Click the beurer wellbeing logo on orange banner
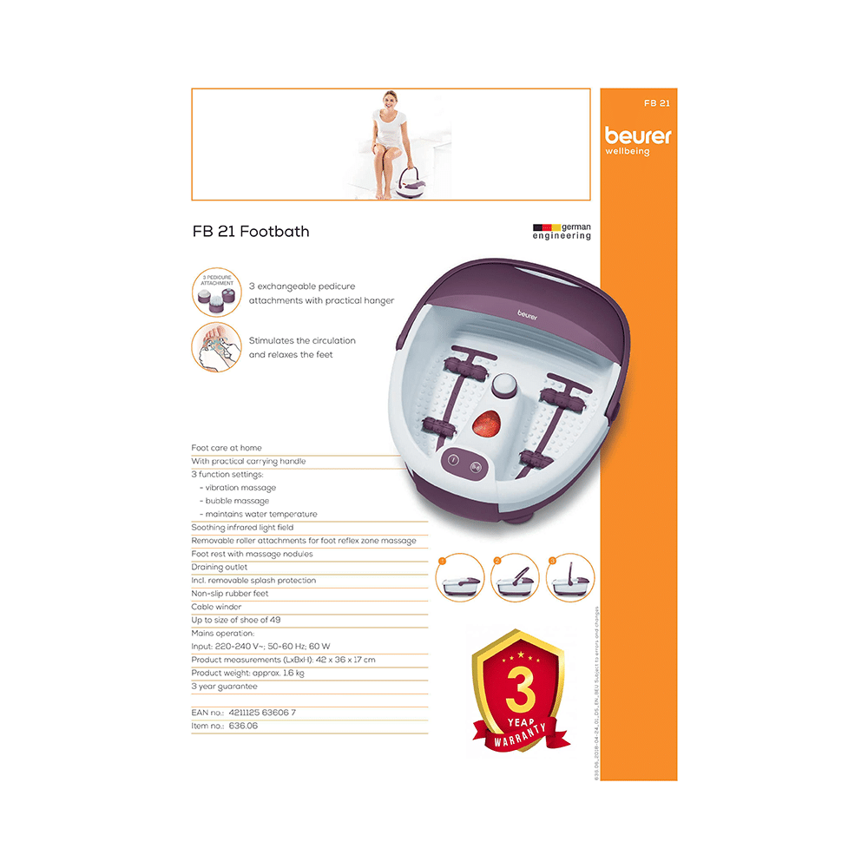638,141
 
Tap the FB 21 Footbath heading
250,232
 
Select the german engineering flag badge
562,231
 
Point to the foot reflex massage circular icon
216,347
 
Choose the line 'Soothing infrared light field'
242,528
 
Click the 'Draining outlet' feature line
220,568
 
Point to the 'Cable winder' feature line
216,607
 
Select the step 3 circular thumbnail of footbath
569,577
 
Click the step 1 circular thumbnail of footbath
459,577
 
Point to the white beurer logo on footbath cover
527,316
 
